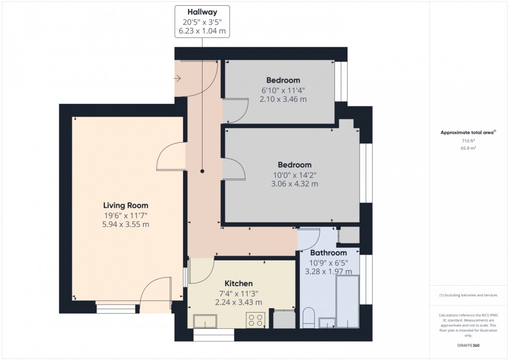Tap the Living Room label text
pos(126,205)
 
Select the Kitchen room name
pos(238,284)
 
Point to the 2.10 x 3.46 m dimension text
pos(283,99)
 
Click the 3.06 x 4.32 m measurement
pos(294,183)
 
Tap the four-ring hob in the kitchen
pos(257,321)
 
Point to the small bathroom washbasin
pos(327,323)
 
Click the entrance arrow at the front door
pos(178,79)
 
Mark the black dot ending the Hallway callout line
pos(203,171)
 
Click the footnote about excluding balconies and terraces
pos(468,295)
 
